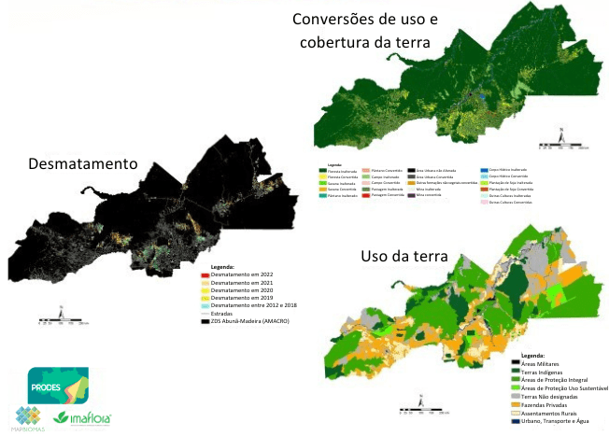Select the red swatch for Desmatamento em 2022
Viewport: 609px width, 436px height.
[x=205, y=274]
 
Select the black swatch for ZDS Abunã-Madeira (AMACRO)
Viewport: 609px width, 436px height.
[x=205, y=322]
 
